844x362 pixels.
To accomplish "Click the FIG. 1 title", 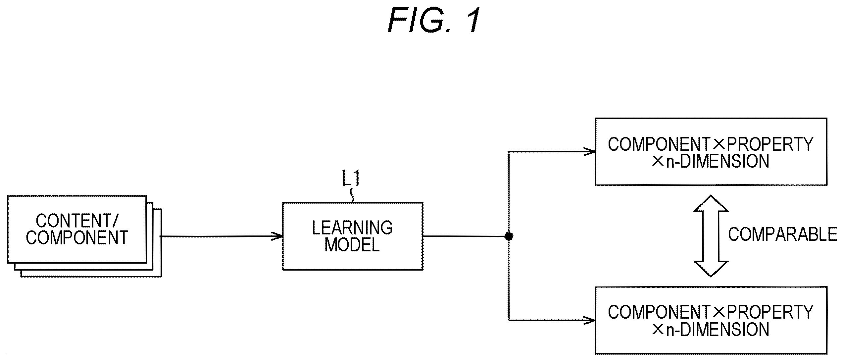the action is coord(434,20).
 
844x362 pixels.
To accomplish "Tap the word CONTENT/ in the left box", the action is coord(77,221).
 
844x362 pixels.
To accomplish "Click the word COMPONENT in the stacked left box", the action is coord(77,237).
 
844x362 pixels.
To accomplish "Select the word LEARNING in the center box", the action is coord(352,228).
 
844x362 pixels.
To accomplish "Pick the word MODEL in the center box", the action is coord(352,245).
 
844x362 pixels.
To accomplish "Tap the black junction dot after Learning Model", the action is coord(509,236).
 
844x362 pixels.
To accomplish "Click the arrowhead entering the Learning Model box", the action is coord(277,236).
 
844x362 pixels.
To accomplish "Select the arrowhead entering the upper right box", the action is coord(589,152).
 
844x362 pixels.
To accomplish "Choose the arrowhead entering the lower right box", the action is coord(589,320).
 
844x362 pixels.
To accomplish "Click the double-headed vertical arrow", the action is coord(711,236).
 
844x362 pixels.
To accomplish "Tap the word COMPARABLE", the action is coord(782,234).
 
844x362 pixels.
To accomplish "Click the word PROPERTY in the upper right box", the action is coord(770,144).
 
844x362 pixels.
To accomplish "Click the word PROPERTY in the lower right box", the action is coord(770,312).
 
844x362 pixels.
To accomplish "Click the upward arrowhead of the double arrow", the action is coord(711,203).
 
